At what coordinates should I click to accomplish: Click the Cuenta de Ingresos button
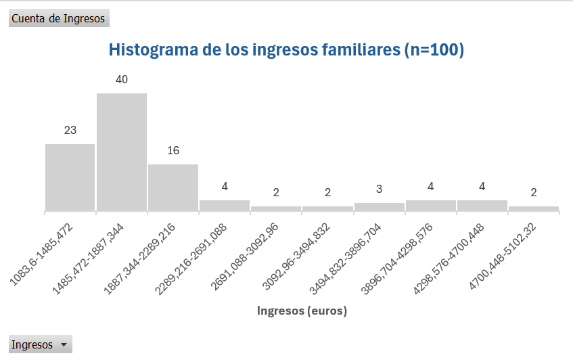point(58,18)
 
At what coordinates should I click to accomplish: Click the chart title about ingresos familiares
point(286,50)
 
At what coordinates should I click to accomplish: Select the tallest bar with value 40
point(122,152)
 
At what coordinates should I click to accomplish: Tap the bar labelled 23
point(70,177)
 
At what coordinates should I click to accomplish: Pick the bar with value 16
point(173,187)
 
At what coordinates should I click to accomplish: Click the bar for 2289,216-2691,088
point(225,205)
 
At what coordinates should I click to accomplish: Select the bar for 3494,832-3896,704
point(379,206)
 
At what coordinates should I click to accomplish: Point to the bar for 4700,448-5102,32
point(534,208)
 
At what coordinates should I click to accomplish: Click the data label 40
point(122,80)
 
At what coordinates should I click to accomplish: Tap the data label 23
point(70,131)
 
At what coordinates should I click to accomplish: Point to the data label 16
point(173,151)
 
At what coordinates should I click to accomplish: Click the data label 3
point(379,189)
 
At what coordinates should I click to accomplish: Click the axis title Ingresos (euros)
point(302,311)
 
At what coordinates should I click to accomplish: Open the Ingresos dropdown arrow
point(64,345)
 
